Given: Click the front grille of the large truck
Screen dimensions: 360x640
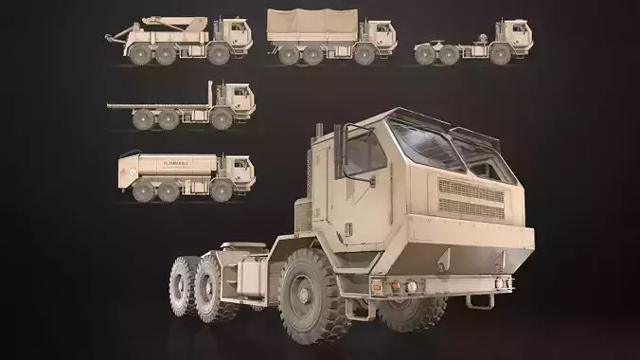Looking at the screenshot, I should pyautogui.click(x=471, y=200).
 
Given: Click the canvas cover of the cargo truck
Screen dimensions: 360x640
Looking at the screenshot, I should pyautogui.click(x=312, y=26).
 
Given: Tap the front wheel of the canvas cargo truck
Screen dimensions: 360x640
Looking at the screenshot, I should pyautogui.click(x=365, y=55).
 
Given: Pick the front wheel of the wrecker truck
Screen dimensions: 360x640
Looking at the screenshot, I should pyautogui.click(x=219, y=55).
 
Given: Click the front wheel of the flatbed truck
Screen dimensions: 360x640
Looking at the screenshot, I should pyautogui.click(x=222, y=119).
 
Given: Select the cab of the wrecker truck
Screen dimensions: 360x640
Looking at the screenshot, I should pyautogui.click(x=234, y=33).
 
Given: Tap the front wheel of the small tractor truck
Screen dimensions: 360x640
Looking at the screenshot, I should pyautogui.click(x=499, y=55).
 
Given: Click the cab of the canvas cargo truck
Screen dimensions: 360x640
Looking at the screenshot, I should pyautogui.click(x=379, y=35).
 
